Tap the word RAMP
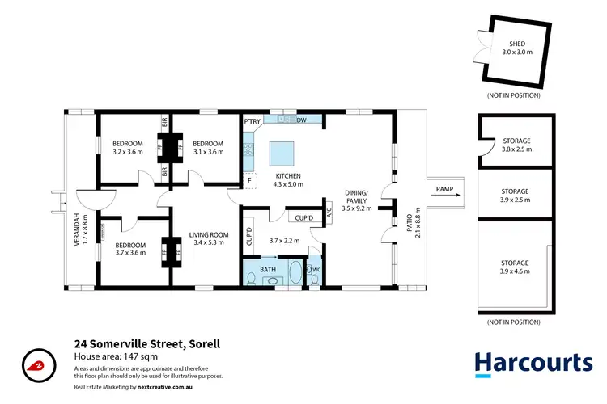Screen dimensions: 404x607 coord(444,191)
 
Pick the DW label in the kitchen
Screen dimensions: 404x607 coord(300,121)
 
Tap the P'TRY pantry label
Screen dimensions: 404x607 coord(252,122)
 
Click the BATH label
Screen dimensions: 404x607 coord(267,267)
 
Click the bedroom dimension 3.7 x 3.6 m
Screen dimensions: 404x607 coord(129,252)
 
